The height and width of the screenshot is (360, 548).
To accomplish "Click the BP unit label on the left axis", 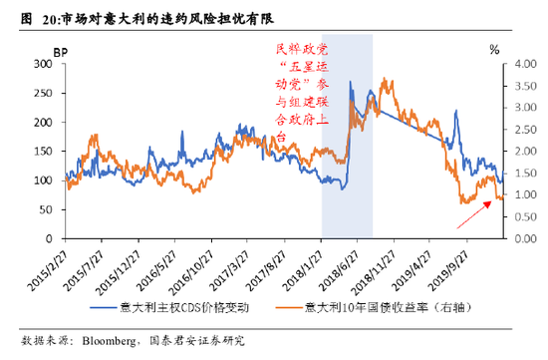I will pos(59,50).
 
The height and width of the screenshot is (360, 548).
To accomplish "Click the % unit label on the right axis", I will pos(494,50).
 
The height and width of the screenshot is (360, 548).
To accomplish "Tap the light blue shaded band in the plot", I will pos(347,180).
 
